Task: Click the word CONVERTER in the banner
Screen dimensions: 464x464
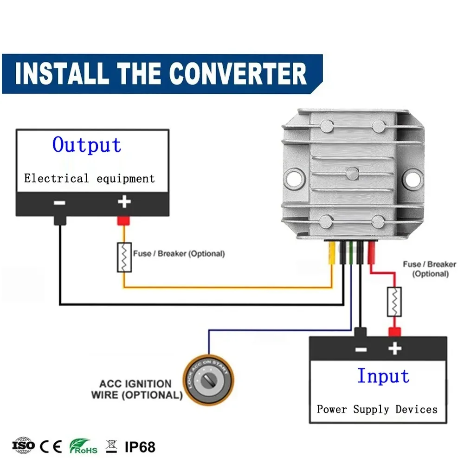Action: (238, 74)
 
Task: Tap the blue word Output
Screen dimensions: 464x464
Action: (87, 145)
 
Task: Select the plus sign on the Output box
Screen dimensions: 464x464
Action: (124, 202)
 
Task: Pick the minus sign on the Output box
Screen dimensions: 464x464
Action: (59, 203)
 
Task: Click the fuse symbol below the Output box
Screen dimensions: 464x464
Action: (124, 257)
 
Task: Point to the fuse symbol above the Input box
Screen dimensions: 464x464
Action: (394, 302)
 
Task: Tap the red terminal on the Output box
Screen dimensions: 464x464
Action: (123, 221)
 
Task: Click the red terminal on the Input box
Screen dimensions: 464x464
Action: (394, 332)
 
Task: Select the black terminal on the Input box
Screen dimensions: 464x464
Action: (361, 332)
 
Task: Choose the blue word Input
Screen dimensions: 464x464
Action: (384, 376)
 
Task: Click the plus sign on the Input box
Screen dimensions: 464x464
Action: (395, 348)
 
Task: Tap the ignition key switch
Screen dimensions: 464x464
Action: (208, 380)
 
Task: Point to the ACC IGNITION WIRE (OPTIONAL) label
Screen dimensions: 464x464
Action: (137, 389)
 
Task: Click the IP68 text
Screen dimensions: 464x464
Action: (140, 447)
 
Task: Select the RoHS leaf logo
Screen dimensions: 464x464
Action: (83, 446)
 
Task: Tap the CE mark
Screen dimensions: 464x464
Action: (51, 446)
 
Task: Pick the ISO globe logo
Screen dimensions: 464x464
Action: (23, 445)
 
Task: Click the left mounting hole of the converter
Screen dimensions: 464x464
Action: (295, 179)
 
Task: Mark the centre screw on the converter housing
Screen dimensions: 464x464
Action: (352, 174)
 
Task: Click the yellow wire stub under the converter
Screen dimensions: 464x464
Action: (332, 253)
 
